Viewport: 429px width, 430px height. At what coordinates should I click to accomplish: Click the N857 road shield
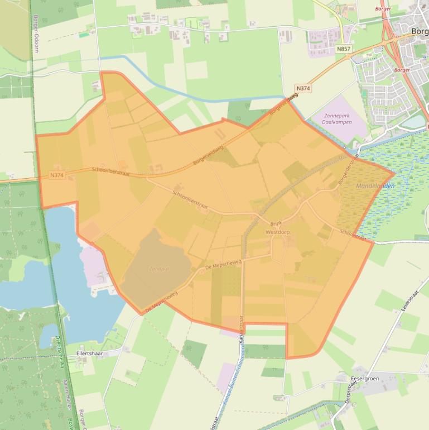coord(344,50)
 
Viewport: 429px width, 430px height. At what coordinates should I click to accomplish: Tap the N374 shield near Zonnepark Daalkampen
coord(303,88)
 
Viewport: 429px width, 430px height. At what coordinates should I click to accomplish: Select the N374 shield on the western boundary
coord(57,175)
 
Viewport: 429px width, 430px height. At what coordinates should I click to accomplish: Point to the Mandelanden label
coord(375,186)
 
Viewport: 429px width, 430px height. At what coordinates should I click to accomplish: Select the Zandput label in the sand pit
coord(158,268)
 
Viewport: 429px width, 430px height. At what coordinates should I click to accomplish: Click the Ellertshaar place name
coord(90,353)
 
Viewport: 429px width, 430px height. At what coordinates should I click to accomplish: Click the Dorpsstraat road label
coord(344,391)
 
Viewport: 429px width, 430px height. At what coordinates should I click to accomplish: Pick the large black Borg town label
coord(419,31)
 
